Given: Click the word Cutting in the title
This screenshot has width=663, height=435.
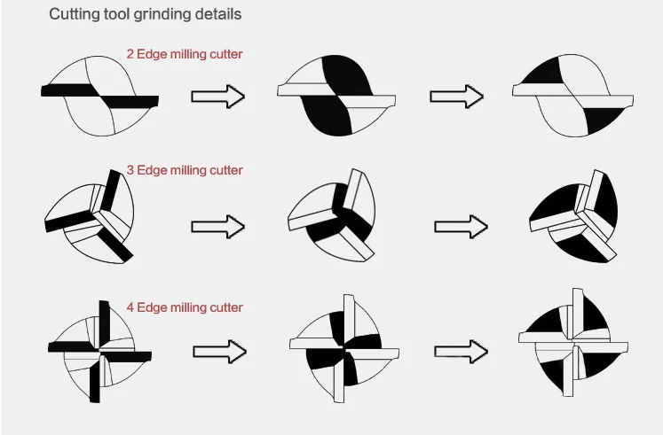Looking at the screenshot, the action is click(x=74, y=15).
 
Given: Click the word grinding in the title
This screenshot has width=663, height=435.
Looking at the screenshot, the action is click(x=162, y=15).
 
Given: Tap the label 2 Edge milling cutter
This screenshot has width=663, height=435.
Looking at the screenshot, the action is click(x=185, y=54).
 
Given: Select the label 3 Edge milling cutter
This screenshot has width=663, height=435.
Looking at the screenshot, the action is click(x=185, y=169).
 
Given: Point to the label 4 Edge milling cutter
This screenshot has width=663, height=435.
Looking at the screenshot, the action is click(x=185, y=307).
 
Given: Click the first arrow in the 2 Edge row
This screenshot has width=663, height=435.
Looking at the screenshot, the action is click(x=217, y=97).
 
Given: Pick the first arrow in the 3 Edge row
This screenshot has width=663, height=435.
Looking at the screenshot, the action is click(x=217, y=226).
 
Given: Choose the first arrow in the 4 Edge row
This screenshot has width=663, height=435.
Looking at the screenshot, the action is click(x=218, y=352).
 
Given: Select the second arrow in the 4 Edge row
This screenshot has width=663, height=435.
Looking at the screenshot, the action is click(x=462, y=351).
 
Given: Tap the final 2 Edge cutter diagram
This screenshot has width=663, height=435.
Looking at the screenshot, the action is click(x=574, y=95).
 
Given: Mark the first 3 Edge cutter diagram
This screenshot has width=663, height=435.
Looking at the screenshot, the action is click(x=90, y=217).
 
